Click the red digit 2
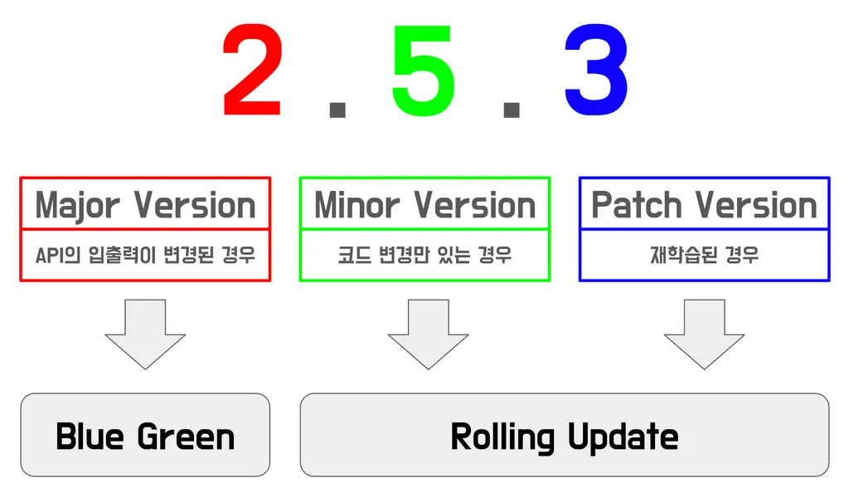tap(252, 72)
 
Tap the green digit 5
tap(424, 72)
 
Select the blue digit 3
tap(595, 72)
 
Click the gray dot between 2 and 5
tap(337, 109)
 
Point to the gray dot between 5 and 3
tap(511, 109)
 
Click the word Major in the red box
tap(79, 205)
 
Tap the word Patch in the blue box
tap(638, 205)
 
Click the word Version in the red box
tap(195, 205)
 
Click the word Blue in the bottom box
tap(90, 437)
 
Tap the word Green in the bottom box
tap(187, 437)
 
